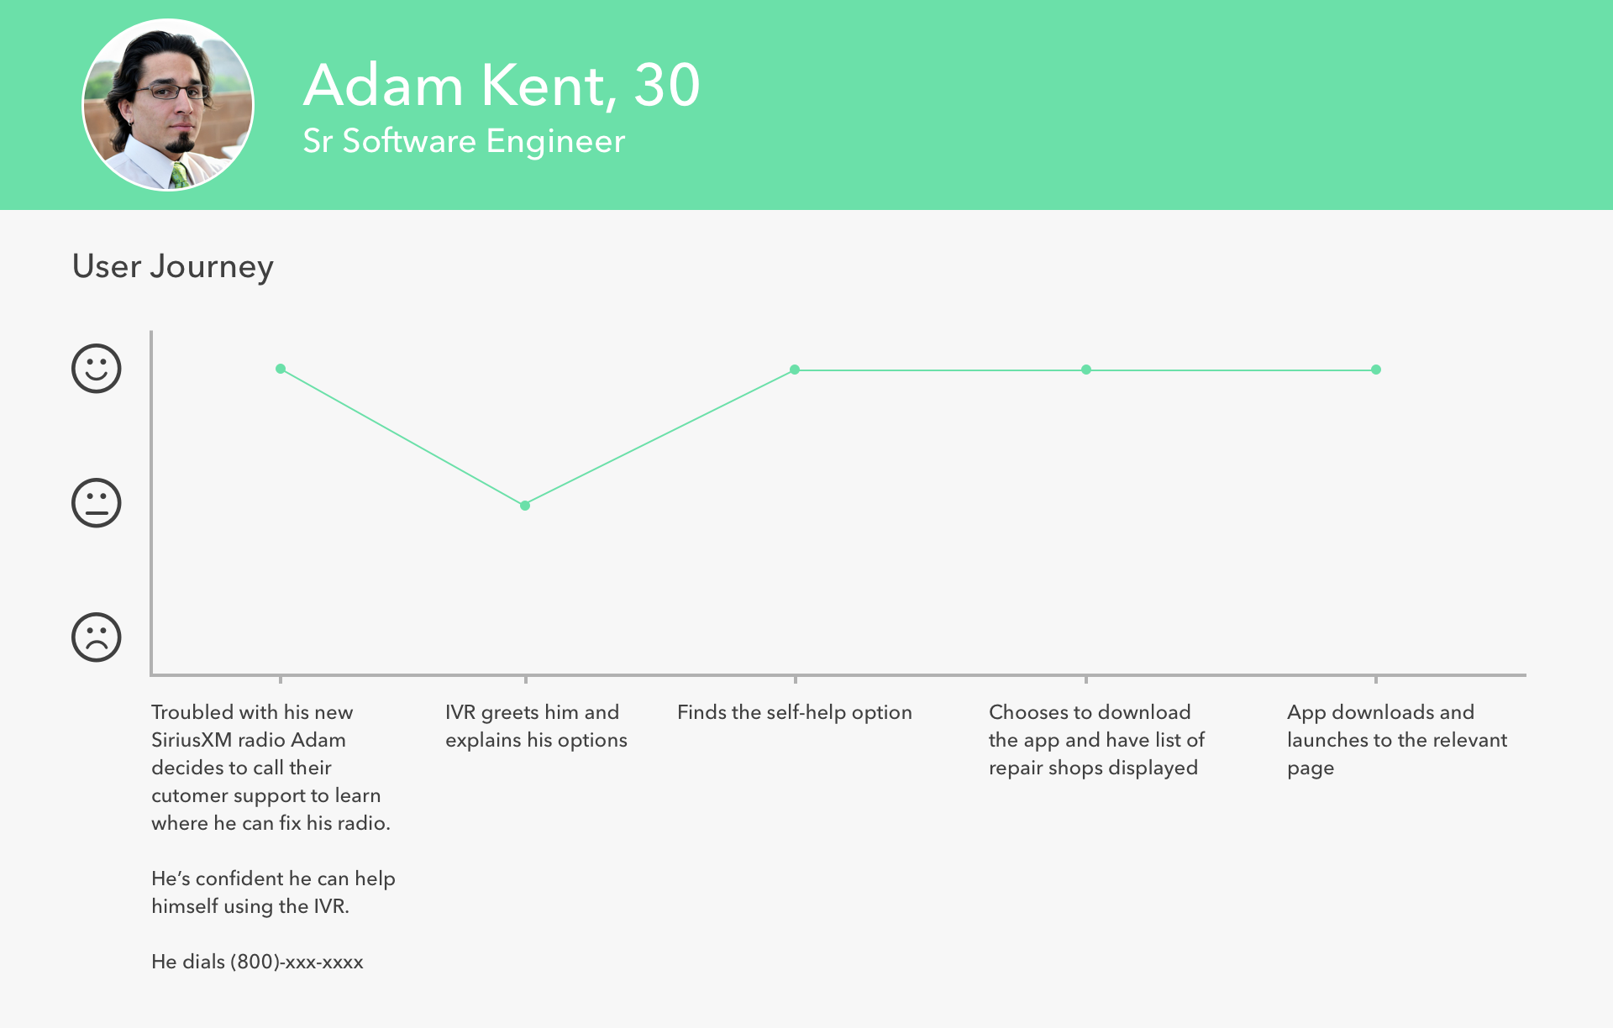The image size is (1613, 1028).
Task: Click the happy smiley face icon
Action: click(x=97, y=369)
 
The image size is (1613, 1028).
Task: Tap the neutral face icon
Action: click(x=97, y=503)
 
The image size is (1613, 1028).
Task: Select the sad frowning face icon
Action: click(x=97, y=637)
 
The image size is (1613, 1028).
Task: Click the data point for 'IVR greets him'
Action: click(x=525, y=506)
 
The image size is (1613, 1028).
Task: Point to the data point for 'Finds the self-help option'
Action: click(x=795, y=370)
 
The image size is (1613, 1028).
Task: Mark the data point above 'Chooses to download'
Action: click(x=1086, y=370)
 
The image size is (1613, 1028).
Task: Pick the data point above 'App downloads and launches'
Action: click(x=1376, y=370)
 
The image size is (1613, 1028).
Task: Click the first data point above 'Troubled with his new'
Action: click(x=281, y=369)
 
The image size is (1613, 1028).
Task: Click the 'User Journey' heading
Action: click(x=173, y=266)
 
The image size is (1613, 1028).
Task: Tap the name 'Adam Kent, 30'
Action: click(x=502, y=85)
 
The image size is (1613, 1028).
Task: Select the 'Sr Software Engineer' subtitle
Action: click(x=464, y=141)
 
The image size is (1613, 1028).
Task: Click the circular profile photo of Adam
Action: click(x=168, y=105)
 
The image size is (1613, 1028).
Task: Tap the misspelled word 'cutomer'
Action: click(x=189, y=795)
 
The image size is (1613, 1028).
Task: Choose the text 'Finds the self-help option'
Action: click(x=795, y=712)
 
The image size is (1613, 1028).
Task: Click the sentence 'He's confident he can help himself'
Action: click(x=273, y=892)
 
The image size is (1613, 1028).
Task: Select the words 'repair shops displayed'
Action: click(x=1093, y=768)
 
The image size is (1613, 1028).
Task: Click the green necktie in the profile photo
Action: click(x=179, y=175)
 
